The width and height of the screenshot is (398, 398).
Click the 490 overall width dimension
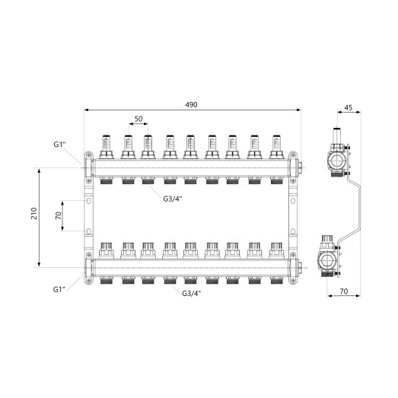tap(191, 105)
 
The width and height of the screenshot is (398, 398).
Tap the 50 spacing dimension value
tap(139, 119)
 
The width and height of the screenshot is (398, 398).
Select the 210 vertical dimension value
tap(34, 214)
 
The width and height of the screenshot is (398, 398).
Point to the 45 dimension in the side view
tap(349, 107)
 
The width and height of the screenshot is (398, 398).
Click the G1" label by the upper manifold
tap(59, 145)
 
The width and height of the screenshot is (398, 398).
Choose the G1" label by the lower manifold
tap(59, 289)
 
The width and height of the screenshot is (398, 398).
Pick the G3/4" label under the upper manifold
tap(173, 199)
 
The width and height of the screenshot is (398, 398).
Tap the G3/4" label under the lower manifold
tap(192, 294)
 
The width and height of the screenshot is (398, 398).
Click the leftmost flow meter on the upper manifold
tap(106, 147)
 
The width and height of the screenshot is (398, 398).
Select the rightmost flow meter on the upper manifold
tap(276, 147)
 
